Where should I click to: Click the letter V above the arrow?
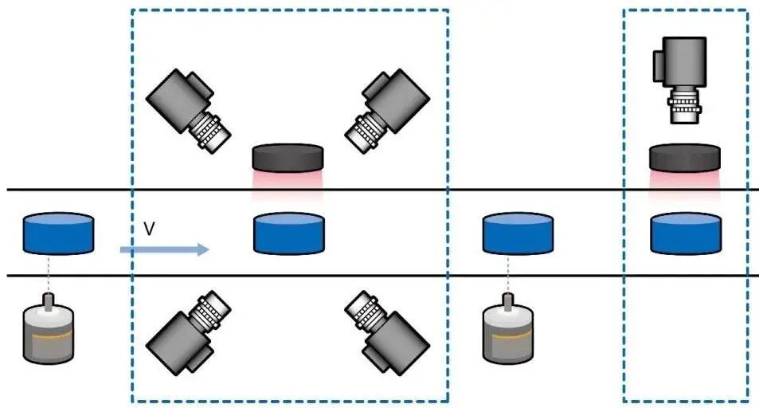click(149, 229)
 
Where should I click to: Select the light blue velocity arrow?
click(164, 249)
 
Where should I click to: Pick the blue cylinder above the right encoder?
click(518, 233)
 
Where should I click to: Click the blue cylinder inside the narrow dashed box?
click(686, 233)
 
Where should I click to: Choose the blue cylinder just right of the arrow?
click(288, 233)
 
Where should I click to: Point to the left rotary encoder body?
click(49, 335)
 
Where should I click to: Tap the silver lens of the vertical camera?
click(684, 108)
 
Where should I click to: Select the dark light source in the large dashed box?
click(288, 158)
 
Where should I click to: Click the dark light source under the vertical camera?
click(685, 157)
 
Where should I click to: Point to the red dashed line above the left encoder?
click(49, 274)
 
